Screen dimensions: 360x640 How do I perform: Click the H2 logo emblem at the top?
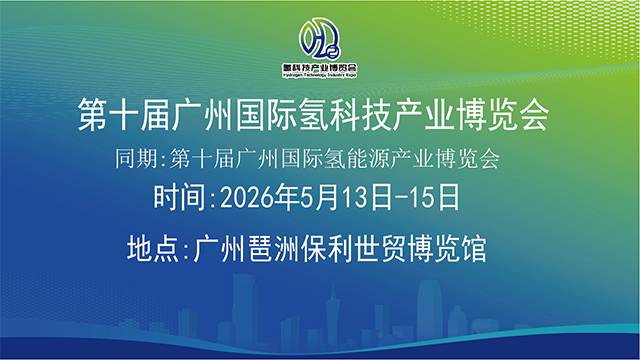(319, 38)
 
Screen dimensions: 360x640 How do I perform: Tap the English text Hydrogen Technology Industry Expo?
(320, 75)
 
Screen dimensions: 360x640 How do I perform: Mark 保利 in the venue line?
(331, 246)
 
